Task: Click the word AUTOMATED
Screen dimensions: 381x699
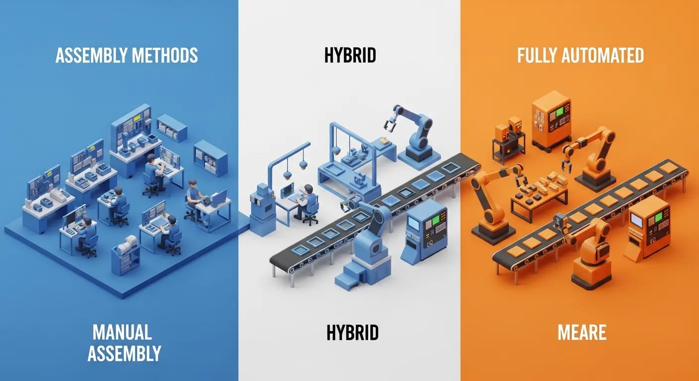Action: click(x=604, y=56)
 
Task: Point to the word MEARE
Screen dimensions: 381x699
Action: click(x=582, y=332)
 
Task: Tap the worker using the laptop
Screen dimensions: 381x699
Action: click(x=194, y=201)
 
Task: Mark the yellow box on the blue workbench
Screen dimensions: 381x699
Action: click(x=384, y=142)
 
